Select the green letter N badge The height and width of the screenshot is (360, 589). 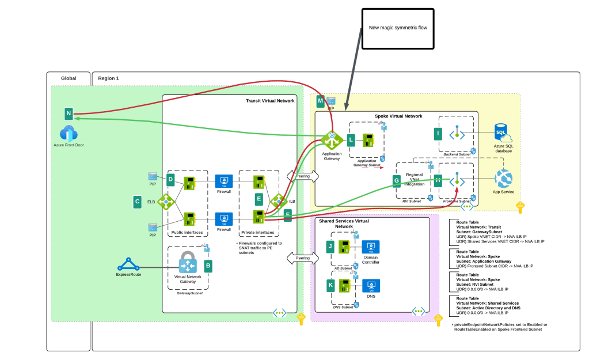coord(69,113)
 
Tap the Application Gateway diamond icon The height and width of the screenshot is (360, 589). coord(332,140)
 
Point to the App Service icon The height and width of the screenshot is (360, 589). coord(503,177)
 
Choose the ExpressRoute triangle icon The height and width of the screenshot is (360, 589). coord(128,265)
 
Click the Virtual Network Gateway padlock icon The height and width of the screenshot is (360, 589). coord(188,262)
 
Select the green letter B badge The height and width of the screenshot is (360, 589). coord(208,266)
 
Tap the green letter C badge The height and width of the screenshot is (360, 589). coord(137,202)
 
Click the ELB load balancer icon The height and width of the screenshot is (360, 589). coord(165,202)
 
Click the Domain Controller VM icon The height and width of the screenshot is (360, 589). coord(371,247)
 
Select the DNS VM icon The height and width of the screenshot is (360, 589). coord(371,285)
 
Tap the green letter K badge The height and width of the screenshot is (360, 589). coord(330,285)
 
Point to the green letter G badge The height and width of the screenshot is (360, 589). coord(396,181)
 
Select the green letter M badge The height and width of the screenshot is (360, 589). coord(321,101)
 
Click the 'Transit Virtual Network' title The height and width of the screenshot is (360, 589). coord(270,101)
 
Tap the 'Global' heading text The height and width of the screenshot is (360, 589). coord(69,78)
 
